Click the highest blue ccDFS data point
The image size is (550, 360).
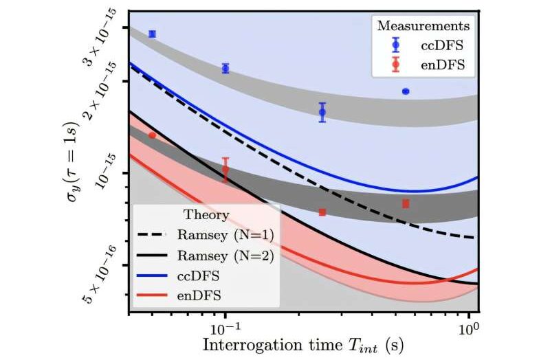(152, 34)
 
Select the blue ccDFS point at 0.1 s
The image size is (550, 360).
(225, 68)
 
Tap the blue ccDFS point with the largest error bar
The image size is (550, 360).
(322, 112)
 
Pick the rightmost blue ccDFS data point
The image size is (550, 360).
(406, 91)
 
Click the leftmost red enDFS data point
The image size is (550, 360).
(152, 135)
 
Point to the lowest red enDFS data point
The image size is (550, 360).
(322, 212)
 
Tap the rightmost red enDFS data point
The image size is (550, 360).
(406, 203)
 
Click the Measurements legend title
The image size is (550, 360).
(423, 26)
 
